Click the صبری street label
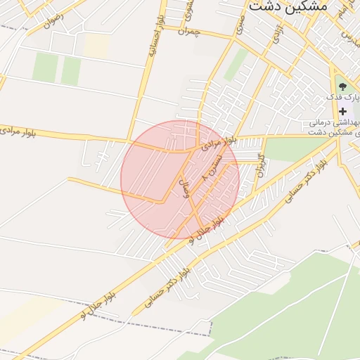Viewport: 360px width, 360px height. [x=242, y=28]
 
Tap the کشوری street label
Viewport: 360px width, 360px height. [x=188, y=11]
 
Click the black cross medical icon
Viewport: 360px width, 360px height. [x=343, y=111]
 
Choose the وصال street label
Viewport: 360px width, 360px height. [x=186, y=188]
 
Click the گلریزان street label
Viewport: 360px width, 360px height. [x=259, y=164]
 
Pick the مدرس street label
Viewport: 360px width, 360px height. [x=349, y=34]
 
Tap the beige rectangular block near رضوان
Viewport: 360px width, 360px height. [x=97, y=46]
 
